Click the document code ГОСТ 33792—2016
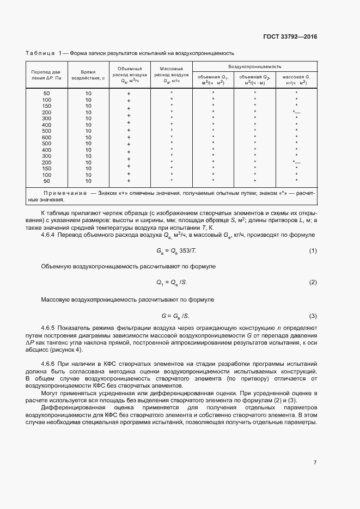[290, 37]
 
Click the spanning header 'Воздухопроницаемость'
[254, 66]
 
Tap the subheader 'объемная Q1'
[213, 80]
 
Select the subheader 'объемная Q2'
[254, 80]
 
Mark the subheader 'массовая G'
[296, 80]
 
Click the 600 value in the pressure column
[47, 137]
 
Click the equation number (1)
[313, 250]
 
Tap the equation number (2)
[313, 283]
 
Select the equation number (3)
[313, 316]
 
